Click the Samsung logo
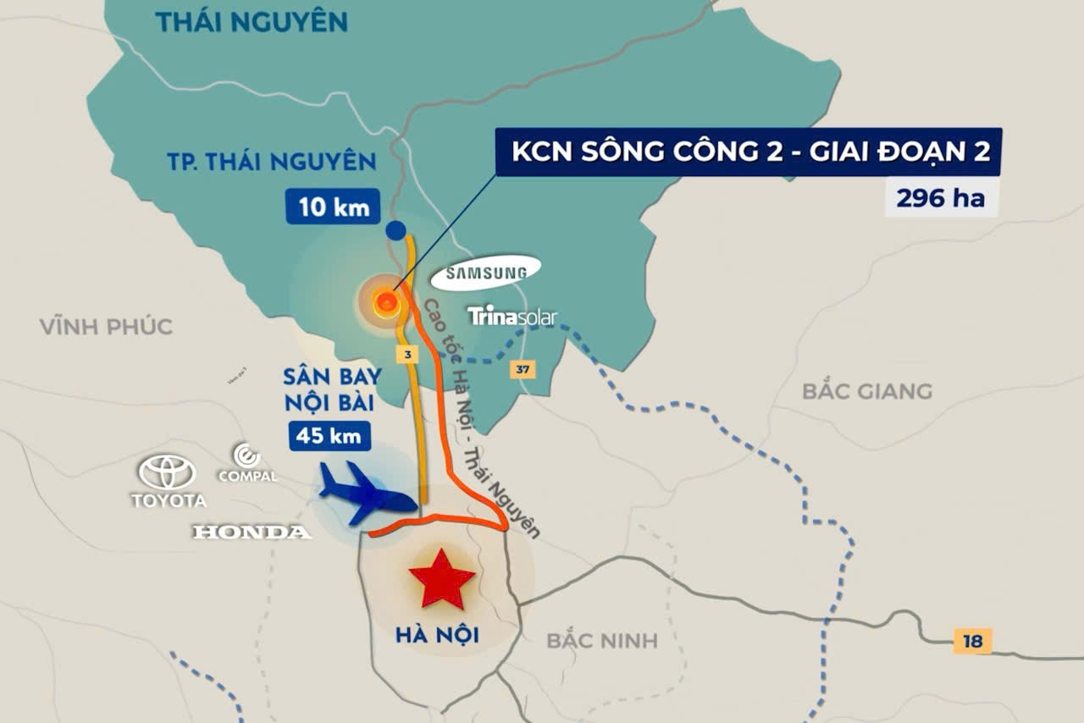[x=485, y=272]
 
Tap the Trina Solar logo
[x=512, y=317]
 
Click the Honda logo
[x=252, y=532]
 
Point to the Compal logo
[x=247, y=464]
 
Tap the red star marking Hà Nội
[x=441, y=578]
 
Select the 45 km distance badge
[x=330, y=436]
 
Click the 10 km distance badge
[x=333, y=207]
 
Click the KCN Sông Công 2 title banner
[x=749, y=152]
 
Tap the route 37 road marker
[x=523, y=370]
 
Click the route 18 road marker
[x=972, y=641]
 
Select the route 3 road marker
[x=408, y=354]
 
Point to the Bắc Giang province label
[x=866, y=391]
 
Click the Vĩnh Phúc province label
[x=106, y=326]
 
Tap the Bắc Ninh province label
[x=601, y=640]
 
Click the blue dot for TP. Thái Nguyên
[x=395, y=229]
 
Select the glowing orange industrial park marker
[x=386, y=301]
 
